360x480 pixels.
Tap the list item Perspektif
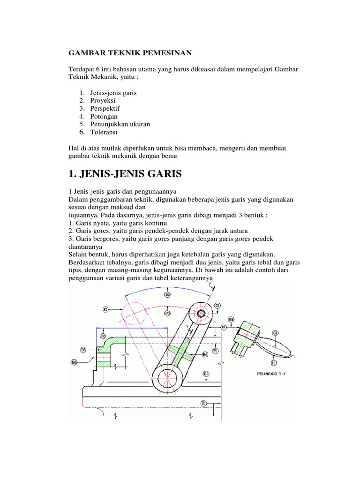[105, 108]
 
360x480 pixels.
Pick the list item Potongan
[104, 116]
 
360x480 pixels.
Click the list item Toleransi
[104, 132]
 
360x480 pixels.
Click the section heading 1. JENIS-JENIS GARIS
[125, 174]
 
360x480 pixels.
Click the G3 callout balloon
[167, 312]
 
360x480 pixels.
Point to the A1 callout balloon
[224, 326]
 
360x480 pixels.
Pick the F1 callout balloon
[215, 351]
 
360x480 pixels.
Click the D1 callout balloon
[203, 403]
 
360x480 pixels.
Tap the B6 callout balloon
[74, 361]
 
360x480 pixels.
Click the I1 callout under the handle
[273, 363]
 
